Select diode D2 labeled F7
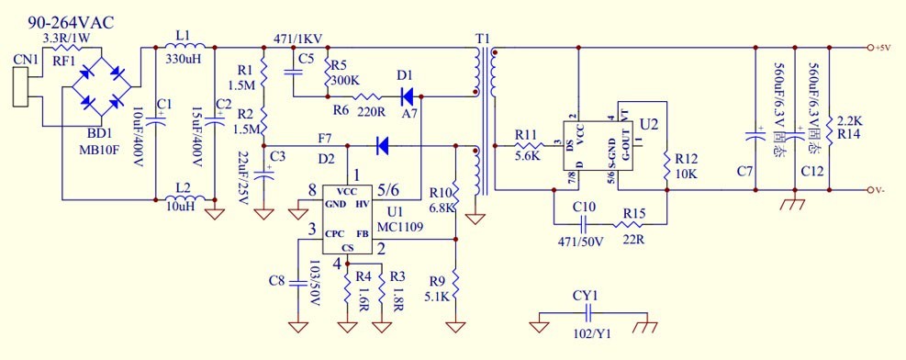[x=384, y=144]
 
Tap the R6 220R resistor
[x=368, y=95]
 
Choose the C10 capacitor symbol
[x=588, y=221]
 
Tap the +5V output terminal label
[x=883, y=48]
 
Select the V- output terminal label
[x=881, y=190]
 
